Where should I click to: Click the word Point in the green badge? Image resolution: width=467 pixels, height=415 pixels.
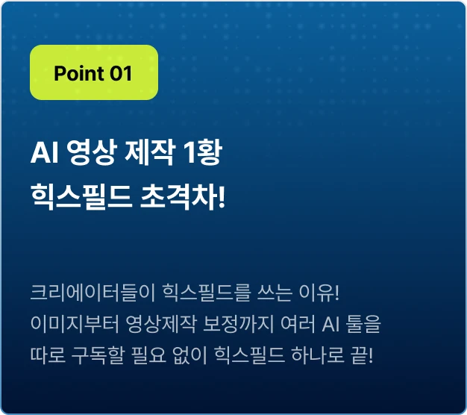click(79, 73)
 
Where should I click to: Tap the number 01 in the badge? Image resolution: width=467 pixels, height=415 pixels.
click(121, 73)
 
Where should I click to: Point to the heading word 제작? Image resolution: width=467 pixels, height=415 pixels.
click(149, 152)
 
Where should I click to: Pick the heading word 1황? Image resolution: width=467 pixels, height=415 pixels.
click(203, 152)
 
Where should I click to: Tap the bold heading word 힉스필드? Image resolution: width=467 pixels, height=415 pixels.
click(81, 197)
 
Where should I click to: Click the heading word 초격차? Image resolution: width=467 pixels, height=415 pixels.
click(183, 197)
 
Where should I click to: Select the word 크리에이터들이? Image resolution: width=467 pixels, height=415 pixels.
click(93, 293)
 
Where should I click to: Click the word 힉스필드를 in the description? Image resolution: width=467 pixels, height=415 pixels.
click(206, 293)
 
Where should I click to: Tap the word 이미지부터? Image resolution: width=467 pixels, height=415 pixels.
click(75, 324)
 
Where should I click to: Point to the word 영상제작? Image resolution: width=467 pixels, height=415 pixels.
click(161, 324)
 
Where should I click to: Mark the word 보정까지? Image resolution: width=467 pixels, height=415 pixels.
click(238, 324)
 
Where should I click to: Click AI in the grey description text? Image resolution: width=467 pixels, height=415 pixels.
click(330, 324)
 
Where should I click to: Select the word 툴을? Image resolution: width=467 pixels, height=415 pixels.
click(363, 324)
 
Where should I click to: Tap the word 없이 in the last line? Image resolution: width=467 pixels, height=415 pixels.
click(189, 355)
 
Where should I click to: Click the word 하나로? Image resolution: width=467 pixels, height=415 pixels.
click(318, 355)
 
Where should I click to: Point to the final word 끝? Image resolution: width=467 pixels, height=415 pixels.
click(363, 355)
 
